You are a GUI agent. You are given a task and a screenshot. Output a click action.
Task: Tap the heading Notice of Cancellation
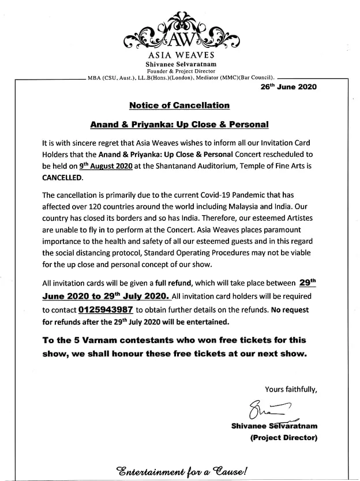[179, 106]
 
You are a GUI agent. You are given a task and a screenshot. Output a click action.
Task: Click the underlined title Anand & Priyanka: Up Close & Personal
[179, 124]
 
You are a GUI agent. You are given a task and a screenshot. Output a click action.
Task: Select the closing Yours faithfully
[291, 388]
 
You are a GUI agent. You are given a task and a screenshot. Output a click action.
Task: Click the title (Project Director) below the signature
[283, 438]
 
